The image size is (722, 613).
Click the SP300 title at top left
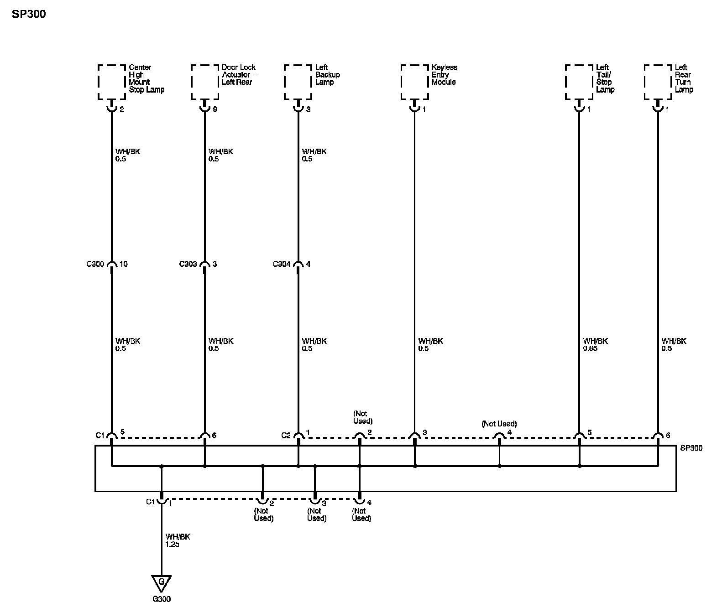click(x=28, y=14)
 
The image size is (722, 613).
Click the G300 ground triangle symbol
click(x=161, y=583)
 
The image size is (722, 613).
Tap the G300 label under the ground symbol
click(x=161, y=599)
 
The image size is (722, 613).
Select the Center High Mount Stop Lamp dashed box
click(x=112, y=82)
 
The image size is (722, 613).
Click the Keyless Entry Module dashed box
click(x=414, y=82)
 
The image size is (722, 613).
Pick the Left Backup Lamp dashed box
click(x=298, y=82)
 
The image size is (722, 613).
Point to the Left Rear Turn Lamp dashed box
click(x=658, y=82)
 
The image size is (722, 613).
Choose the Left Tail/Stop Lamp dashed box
click(x=579, y=82)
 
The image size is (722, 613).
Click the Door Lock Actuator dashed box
click(x=204, y=82)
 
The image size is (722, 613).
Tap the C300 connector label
click(x=95, y=264)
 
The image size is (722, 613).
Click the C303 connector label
click(x=188, y=264)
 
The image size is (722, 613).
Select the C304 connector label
click(x=282, y=264)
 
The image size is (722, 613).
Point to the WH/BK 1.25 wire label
click(x=178, y=540)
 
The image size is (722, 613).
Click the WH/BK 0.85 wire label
click(x=595, y=345)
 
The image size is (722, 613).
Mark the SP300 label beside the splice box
click(x=691, y=448)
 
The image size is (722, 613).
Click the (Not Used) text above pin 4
click(x=499, y=424)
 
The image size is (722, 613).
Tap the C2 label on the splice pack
click(x=286, y=436)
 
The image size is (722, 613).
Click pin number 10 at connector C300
click(x=123, y=264)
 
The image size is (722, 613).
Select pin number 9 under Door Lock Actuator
click(x=215, y=110)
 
